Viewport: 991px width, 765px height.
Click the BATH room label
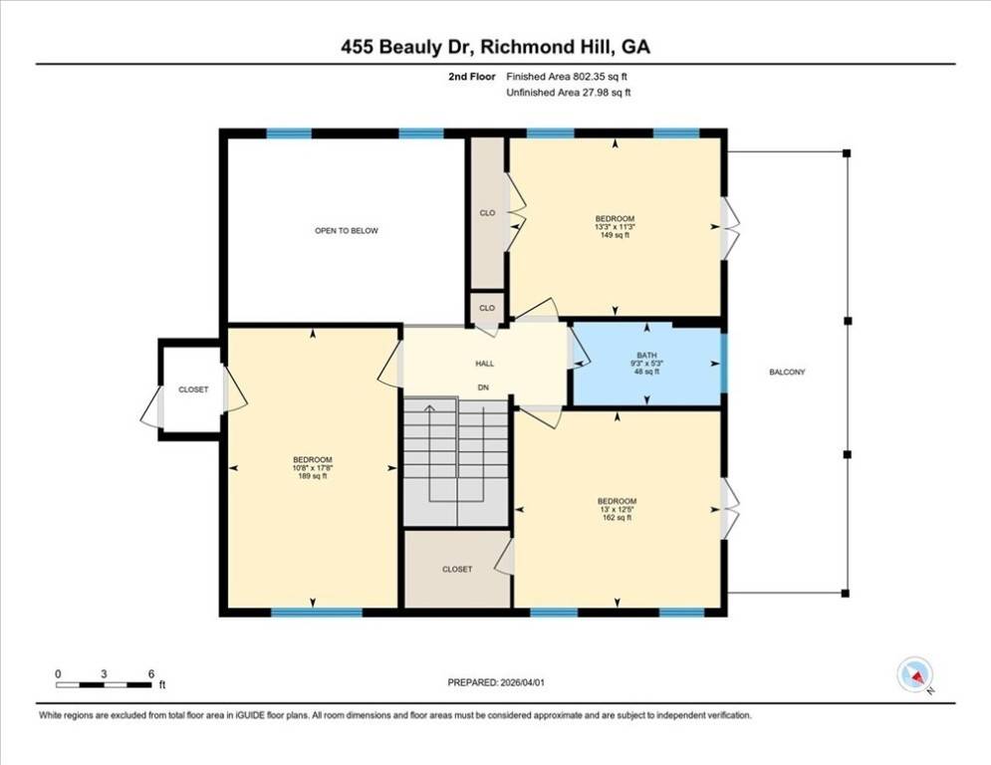pos(646,356)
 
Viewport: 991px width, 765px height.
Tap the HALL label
pos(485,364)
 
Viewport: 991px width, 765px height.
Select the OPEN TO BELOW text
pos(347,231)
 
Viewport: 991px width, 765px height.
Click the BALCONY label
pos(787,372)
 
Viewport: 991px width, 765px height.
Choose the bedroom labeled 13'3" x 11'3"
pos(615,227)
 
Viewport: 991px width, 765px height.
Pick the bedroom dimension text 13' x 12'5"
pos(617,509)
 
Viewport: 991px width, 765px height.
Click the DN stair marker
pos(483,387)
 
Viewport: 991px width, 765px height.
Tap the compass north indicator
pos(914,675)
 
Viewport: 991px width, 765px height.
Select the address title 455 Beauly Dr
pos(407,47)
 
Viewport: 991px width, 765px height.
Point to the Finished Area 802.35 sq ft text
pos(567,77)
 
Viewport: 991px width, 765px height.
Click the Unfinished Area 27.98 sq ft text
pos(569,93)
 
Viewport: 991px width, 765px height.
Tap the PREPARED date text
pos(496,682)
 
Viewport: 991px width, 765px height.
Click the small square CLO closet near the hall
pos(487,308)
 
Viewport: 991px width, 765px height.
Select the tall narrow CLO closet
pos(487,213)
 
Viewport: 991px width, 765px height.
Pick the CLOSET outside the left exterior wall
pos(193,389)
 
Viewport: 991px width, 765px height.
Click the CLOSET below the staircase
pos(457,569)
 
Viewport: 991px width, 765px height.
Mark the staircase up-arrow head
pos(430,407)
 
